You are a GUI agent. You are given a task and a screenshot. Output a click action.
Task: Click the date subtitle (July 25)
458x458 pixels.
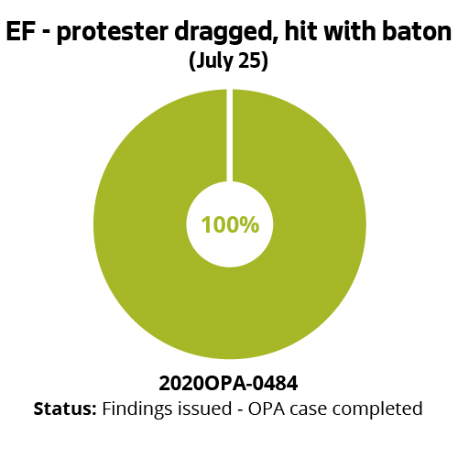[228, 63]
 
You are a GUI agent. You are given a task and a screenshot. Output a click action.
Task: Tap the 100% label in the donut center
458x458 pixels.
[230, 224]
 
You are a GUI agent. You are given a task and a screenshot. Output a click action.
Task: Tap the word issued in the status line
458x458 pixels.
[200, 409]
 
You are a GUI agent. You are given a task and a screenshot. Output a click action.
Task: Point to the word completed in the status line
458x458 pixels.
[376, 409]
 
